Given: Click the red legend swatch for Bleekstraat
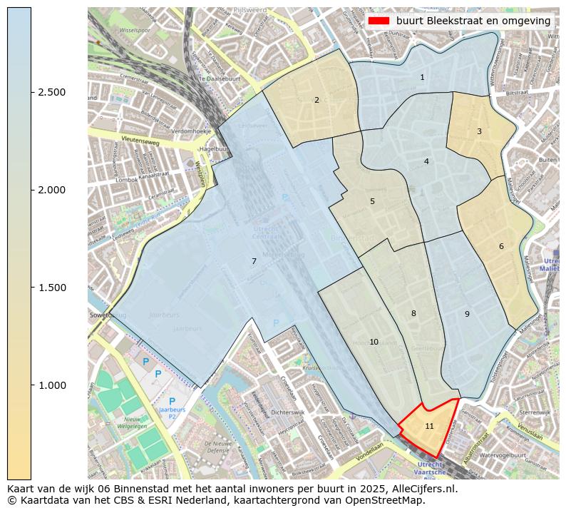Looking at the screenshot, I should click(x=379, y=21).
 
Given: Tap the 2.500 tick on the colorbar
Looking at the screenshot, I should click(x=51, y=92).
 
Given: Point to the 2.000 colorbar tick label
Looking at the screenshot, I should click(x=51, y=190).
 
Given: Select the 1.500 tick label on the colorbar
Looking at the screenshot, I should click(x=51, y=288).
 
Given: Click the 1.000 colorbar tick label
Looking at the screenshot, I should click(x=51, y=385).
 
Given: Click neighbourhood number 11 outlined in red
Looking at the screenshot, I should click(x=429, y=426).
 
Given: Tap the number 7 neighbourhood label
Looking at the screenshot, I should click(x=254, y=261).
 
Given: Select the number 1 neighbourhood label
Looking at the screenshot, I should click(x=422, y=77).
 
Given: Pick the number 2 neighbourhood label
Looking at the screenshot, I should click(x=317, y=100).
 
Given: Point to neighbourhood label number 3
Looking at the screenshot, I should click(x=479, y=131).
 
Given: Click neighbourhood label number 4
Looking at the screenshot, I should click(x=426, y=161).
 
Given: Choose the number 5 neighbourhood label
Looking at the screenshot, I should click(x=372, y=201).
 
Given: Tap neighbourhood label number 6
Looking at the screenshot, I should click(x=501, y=246).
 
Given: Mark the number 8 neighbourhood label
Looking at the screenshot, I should click(x=413, y=313).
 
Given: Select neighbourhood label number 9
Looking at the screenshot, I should click(x=467, y=314).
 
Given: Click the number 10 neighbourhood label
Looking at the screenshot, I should click(x=374, y=342).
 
